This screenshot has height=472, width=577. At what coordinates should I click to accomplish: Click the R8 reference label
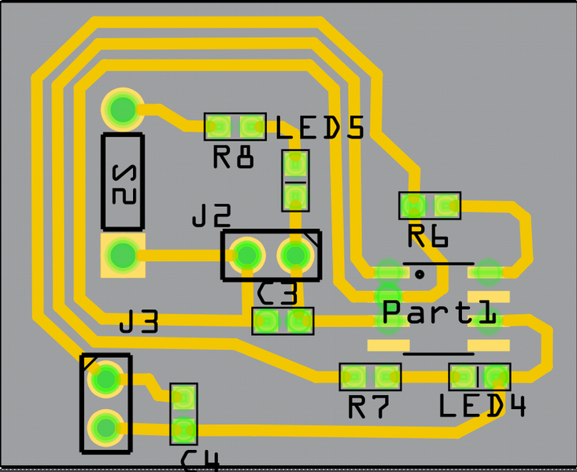(234, 158)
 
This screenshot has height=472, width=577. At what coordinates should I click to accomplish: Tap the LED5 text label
(320, 128)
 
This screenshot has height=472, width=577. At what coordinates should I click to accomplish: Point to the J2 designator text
(212, 216)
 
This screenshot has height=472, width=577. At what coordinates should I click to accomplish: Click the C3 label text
(278, 295)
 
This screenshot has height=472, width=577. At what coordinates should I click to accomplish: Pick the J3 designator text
(139, 322)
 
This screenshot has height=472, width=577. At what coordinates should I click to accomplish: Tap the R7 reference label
(369, 407)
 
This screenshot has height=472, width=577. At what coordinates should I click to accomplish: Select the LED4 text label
(482, 406)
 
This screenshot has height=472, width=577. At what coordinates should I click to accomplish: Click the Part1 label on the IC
(439, 312)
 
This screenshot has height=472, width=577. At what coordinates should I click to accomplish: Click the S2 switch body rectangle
(123, 183)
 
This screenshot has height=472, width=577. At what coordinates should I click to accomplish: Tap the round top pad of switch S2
(122, 109)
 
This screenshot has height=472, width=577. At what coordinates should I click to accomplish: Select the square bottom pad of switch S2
(122, 254)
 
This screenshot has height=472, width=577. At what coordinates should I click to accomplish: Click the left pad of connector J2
(247, 254)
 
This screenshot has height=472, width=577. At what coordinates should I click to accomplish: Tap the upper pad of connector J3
(104, 380)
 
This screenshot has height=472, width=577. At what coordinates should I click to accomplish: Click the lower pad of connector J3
(104, 427)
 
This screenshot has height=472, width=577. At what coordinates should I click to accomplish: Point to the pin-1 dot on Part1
(420, 274)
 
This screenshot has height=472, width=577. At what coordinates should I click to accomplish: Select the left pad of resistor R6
(412, 205)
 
